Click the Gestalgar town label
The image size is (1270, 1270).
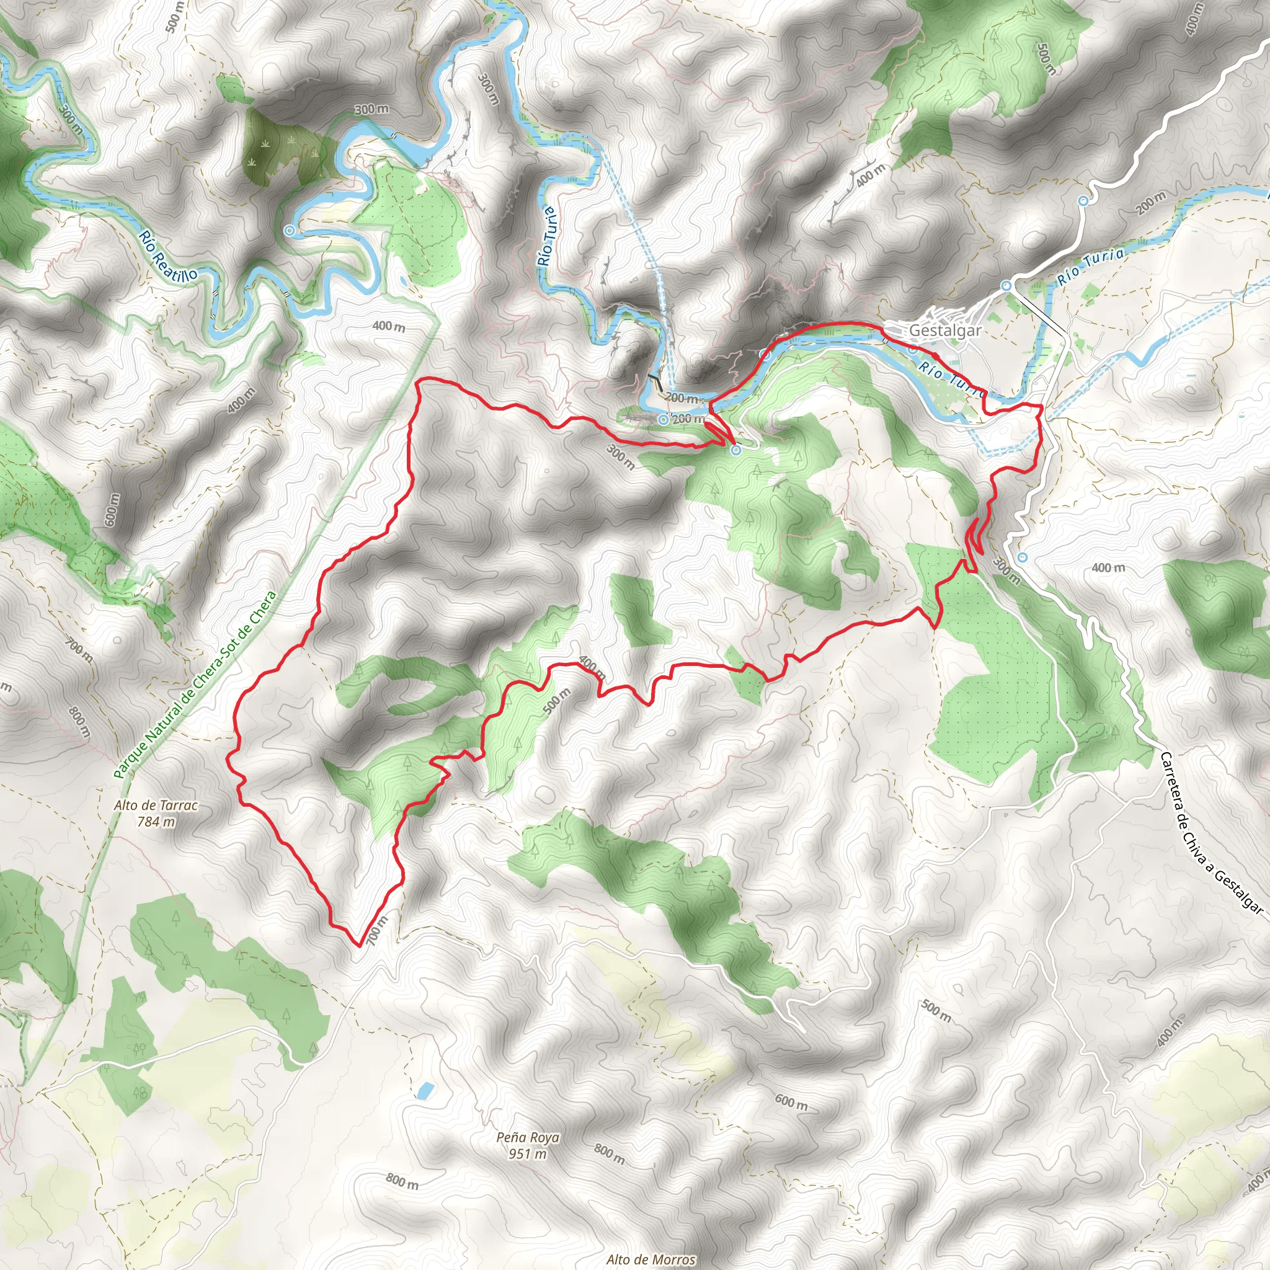click(944, 330)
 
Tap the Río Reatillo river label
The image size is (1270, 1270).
click(167, 257)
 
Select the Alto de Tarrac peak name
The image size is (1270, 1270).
click(156, 806)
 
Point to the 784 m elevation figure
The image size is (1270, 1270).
click(156, 821)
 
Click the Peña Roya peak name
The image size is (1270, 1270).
click(528, 1137)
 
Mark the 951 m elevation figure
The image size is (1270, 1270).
click(528, 1153)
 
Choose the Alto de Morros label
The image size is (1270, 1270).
click(651, 1259)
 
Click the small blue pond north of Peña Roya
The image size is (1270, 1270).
click(425, 1091)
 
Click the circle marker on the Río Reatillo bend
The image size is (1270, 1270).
click(289, 231)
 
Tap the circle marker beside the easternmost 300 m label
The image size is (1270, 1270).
click(1022, 557)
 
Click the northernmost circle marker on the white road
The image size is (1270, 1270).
click(1083, 200)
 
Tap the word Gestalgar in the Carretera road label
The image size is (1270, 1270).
click(1238, 891)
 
